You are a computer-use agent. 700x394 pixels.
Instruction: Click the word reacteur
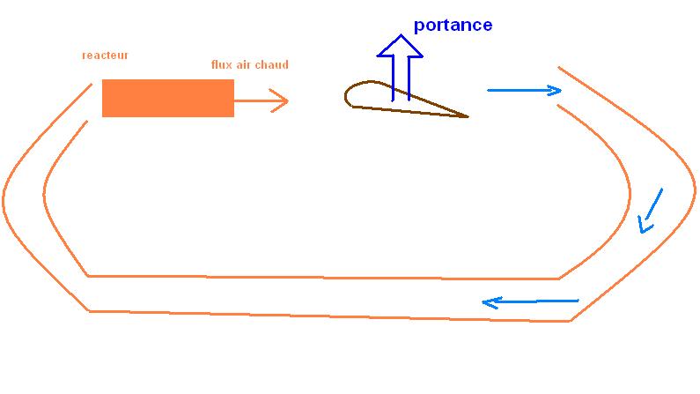(105, 56)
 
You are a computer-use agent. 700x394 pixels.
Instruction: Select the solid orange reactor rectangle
(167, 98)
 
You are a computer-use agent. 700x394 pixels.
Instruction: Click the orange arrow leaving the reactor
(261, 100)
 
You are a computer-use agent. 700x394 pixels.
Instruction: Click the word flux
(222, 64)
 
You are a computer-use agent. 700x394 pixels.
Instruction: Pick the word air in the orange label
(247, 64)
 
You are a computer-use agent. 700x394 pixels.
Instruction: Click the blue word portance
(453, 25)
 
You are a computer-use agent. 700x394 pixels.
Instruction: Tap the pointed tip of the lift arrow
(401, 36)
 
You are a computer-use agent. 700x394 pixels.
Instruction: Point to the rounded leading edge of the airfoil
(348, 95)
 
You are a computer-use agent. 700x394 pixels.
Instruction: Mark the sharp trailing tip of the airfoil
(467, 115)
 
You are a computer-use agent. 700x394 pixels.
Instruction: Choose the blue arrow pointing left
(530, 302)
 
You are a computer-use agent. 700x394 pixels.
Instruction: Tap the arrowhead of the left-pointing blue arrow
(487, 303)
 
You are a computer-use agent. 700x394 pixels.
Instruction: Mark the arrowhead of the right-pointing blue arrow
(556, 90)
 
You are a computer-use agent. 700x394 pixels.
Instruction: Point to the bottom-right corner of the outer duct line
(571, 320)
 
